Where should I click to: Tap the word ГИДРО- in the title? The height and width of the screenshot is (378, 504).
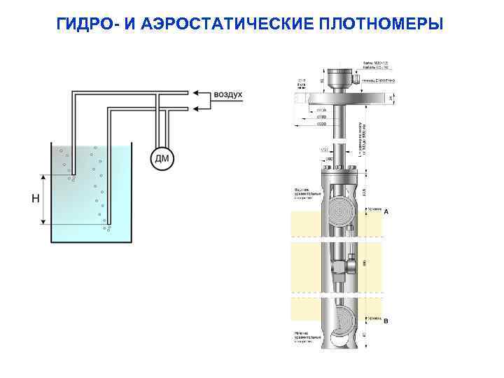pos(90,24)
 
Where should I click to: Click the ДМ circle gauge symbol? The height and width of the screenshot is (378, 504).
pos(161,158)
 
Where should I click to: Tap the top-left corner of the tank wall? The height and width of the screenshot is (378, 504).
pos(48,146)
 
